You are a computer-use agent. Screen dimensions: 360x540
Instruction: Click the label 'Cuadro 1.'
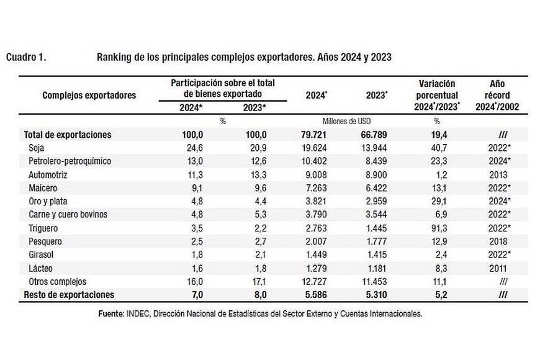26,57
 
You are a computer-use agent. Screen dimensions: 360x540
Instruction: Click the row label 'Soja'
37,148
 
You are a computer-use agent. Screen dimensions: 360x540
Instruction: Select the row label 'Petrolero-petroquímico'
70,161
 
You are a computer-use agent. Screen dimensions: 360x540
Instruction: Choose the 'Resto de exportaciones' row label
70,295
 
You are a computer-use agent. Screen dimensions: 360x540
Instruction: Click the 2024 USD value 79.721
317,134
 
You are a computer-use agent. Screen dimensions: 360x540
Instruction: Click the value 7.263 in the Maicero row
317,187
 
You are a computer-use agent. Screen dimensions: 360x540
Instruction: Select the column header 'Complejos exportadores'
89,95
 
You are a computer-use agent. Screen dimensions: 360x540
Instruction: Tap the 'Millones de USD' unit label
345,121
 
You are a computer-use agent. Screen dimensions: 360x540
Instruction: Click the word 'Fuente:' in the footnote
112,313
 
